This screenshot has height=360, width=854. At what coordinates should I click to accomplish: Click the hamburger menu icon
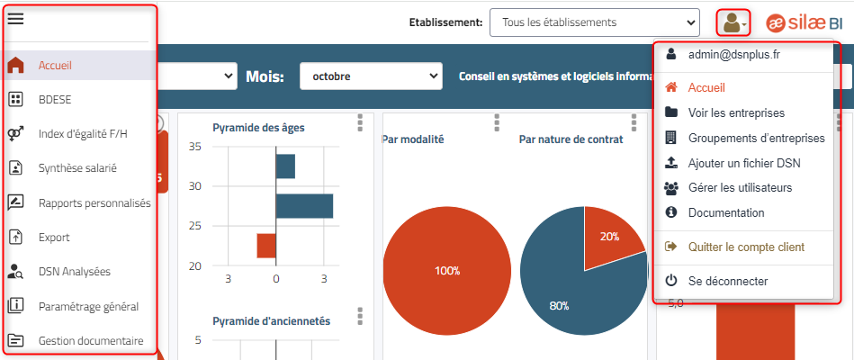(x=15, y=20)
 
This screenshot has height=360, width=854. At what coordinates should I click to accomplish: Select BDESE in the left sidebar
(x=53, y=99)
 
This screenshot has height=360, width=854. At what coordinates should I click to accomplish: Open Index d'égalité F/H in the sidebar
(x=83, y=133)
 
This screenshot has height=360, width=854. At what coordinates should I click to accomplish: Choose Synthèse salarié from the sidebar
(x=77, y=167)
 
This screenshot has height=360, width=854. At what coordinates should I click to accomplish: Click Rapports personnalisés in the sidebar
(x=94, y=202)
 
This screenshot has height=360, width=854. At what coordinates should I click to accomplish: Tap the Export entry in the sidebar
(x=53, y=238)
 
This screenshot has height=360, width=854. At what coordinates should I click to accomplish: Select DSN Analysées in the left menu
(x=74, y=271)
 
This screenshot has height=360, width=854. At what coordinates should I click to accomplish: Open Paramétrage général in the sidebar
(x=88, y=306)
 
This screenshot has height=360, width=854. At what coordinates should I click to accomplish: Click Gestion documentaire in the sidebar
(x=90, y=341)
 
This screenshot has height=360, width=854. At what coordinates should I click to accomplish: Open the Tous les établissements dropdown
(x=594, y=22)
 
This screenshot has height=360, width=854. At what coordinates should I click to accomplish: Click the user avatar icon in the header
(x=732, y=22)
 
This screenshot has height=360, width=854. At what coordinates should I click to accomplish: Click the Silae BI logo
(x=805, y=22)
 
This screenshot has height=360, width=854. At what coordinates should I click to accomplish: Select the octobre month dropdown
(x=371, y=76)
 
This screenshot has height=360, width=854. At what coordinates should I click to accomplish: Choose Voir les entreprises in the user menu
(x=736, y=112)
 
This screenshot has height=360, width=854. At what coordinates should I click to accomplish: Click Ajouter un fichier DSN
(x=743, y=163)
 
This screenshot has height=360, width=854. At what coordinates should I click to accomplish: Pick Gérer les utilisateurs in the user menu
(x=740, y=188)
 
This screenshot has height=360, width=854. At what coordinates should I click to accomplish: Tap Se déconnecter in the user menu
(x=727, y=281)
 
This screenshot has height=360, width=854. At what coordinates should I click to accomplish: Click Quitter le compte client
(x=746, y=247)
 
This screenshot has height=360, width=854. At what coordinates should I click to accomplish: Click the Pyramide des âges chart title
(x=258, y=127)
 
